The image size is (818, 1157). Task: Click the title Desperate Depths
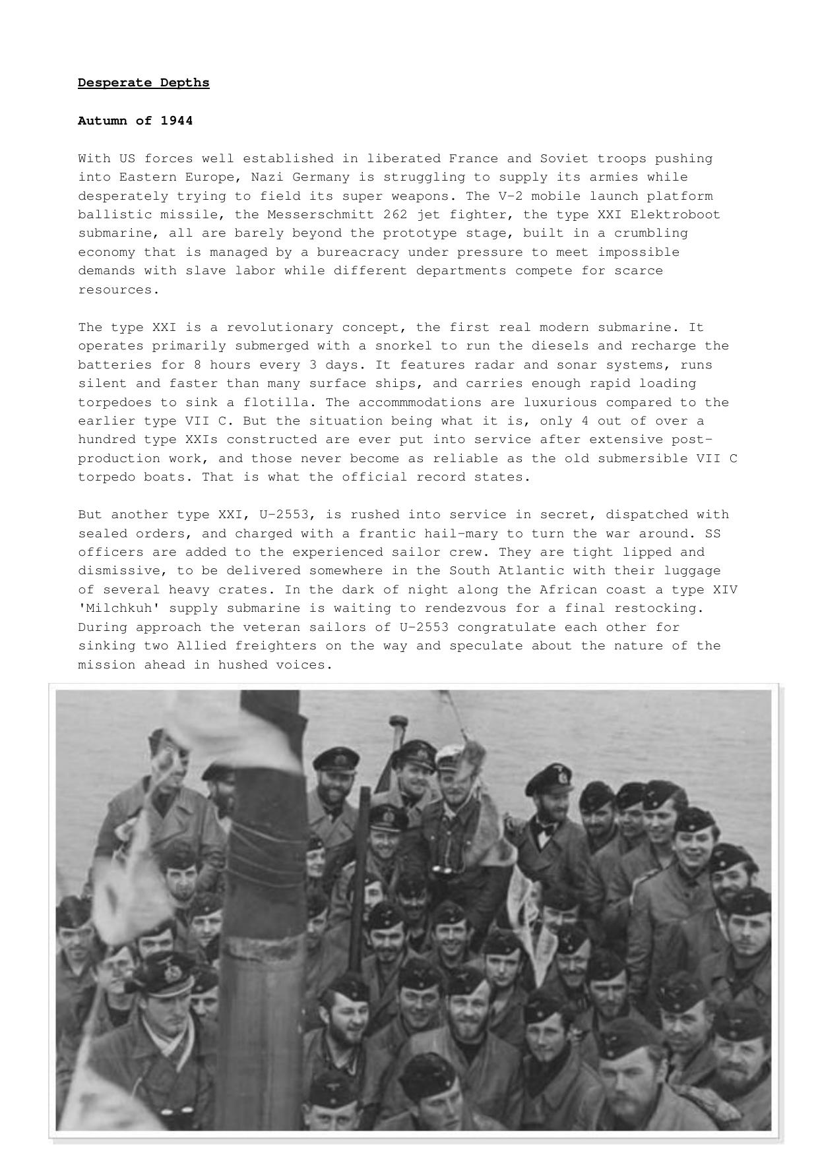143,82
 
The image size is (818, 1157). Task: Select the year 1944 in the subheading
176,121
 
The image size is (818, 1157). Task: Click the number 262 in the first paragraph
395,215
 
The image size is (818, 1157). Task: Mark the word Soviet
564,159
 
